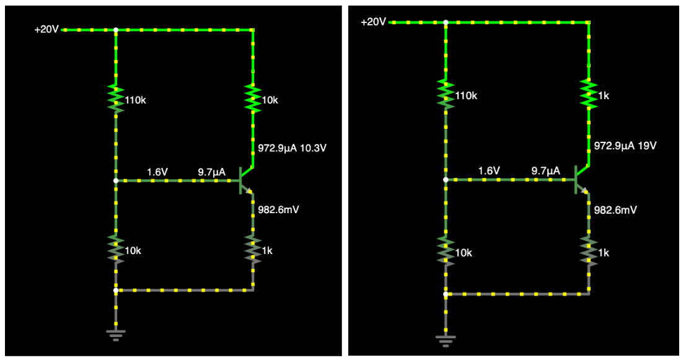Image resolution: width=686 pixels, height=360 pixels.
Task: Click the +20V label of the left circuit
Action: tap(46, 29)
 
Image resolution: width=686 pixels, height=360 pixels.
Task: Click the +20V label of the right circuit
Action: tap(373, 22)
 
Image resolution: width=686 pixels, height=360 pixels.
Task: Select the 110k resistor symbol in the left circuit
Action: tap(115, 98)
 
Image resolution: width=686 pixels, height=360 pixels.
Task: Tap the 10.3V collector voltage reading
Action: tap(314, 149)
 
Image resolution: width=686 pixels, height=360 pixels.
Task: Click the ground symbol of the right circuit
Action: tap(445, 339)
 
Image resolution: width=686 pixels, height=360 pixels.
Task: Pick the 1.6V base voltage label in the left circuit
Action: tap(157, 171)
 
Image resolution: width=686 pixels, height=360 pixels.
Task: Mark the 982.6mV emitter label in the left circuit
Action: tap(279, 210)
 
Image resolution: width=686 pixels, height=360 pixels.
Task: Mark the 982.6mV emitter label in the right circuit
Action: tap(615, 210)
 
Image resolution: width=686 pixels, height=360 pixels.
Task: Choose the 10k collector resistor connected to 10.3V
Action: tap(253, 98)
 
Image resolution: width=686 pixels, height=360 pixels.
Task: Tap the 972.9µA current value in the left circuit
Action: tap(276, 149)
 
